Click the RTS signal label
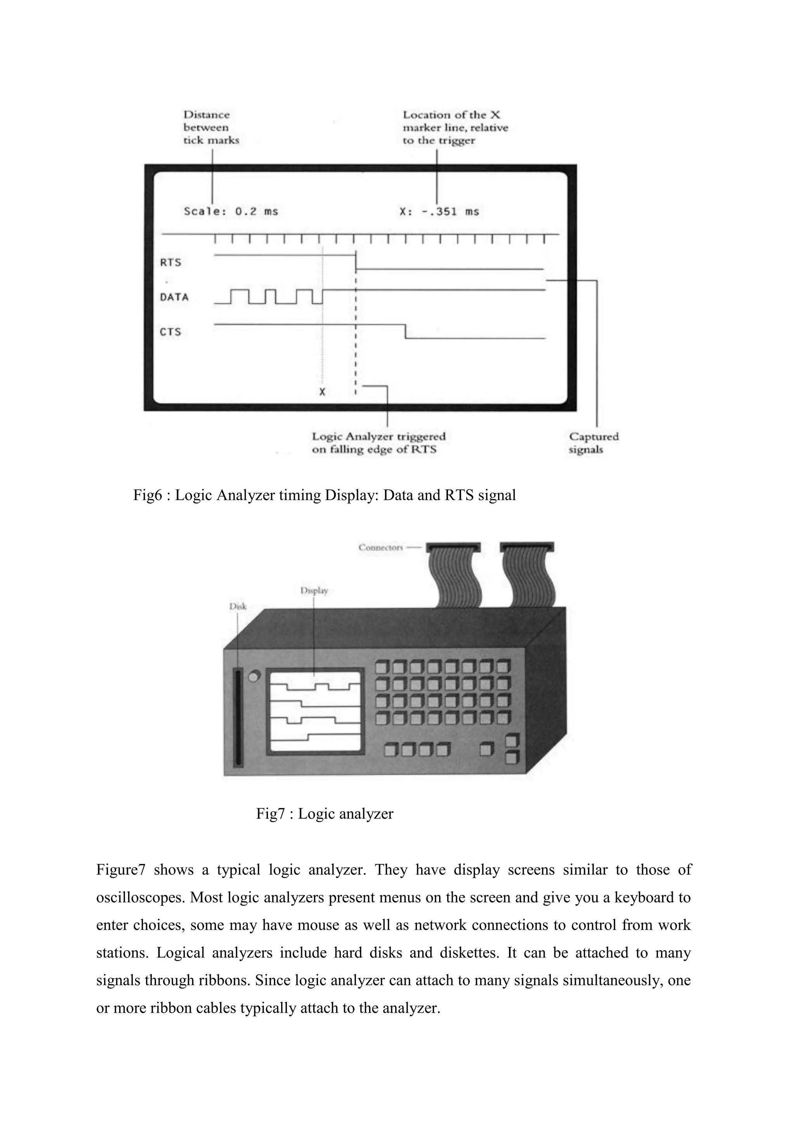coord(171,262)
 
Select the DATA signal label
coord(174,297)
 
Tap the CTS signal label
coord(171,332)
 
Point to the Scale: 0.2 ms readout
coord(231,212)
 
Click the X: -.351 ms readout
coord(439,212)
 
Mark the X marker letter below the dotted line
coord(322,392)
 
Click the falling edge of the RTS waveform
coord(356,262)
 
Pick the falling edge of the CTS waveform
coord(405,331)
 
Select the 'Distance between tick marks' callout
coord(211,127)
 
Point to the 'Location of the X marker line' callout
coord(455,127)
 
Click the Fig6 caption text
coord(325,495)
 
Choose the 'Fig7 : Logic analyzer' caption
coord(325,814)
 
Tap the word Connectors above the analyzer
coord(380,547)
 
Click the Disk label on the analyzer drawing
coord(238,606)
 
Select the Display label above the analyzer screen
coord(314,590)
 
